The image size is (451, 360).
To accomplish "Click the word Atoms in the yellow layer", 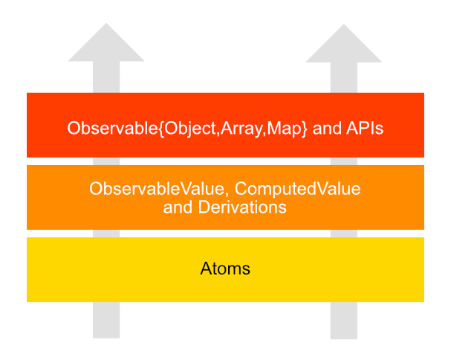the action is pos(225,269).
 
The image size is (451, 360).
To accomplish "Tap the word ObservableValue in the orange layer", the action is pos(157,189).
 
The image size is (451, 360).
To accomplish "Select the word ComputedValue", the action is pos(298,189).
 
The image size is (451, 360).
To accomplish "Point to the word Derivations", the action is pos(242,207).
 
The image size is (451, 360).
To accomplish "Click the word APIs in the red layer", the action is pos(365,128).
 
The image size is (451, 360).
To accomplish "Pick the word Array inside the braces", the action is pos(241,129).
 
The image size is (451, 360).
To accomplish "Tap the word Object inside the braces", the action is pos(190,129).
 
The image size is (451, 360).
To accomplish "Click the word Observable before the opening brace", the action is pos(112,128).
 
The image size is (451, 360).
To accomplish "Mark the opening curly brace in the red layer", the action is pos(160,129).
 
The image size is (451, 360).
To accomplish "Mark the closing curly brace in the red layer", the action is pos(305,129).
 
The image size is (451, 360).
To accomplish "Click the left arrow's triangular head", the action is pos(106,42).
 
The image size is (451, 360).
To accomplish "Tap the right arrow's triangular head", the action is pos(344,43).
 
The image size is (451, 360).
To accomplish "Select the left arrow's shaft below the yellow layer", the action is pos(106,320).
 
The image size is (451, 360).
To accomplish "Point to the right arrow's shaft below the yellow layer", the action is pos(344,321).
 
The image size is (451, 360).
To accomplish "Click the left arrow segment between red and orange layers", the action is pos(106,161).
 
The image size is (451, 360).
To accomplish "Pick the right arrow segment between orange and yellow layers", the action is pos(344,234).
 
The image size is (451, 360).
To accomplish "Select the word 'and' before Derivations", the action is pos(178,207).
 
